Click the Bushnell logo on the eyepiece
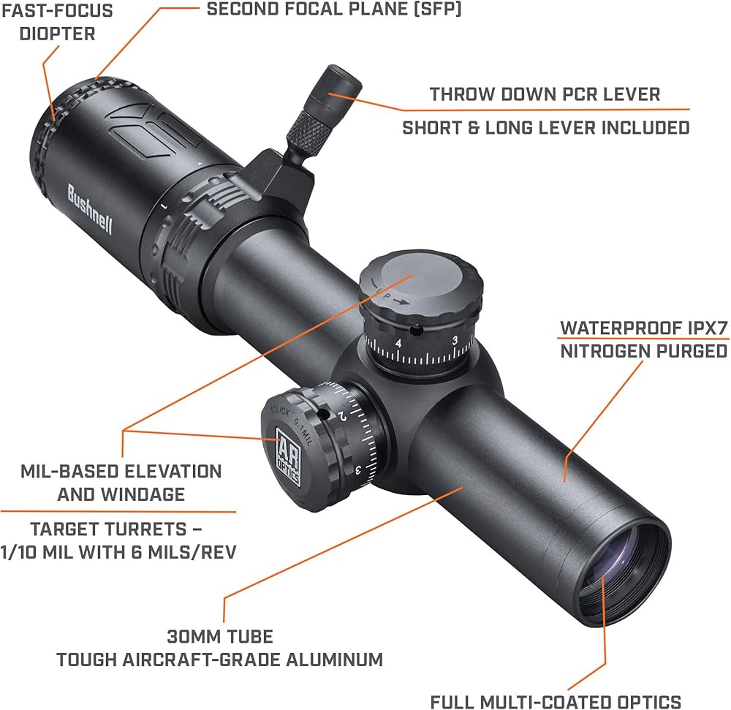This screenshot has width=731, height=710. point(91,208)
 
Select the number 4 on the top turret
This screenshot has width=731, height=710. point(398,343)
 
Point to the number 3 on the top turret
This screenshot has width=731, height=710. point(455,341)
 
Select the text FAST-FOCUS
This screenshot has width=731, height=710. point(56,12)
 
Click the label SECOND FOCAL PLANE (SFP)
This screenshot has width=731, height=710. point(334,10)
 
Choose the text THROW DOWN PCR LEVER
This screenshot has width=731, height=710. point(545,94)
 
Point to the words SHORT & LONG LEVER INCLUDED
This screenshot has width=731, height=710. point(546,128)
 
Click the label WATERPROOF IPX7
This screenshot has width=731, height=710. point(644,327)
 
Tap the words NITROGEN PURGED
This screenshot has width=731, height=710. point(644,351)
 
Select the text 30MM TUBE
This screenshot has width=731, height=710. point(220,636)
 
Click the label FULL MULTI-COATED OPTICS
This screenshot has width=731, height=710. point(556,701)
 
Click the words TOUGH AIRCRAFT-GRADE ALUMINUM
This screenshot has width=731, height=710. point(220,660)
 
